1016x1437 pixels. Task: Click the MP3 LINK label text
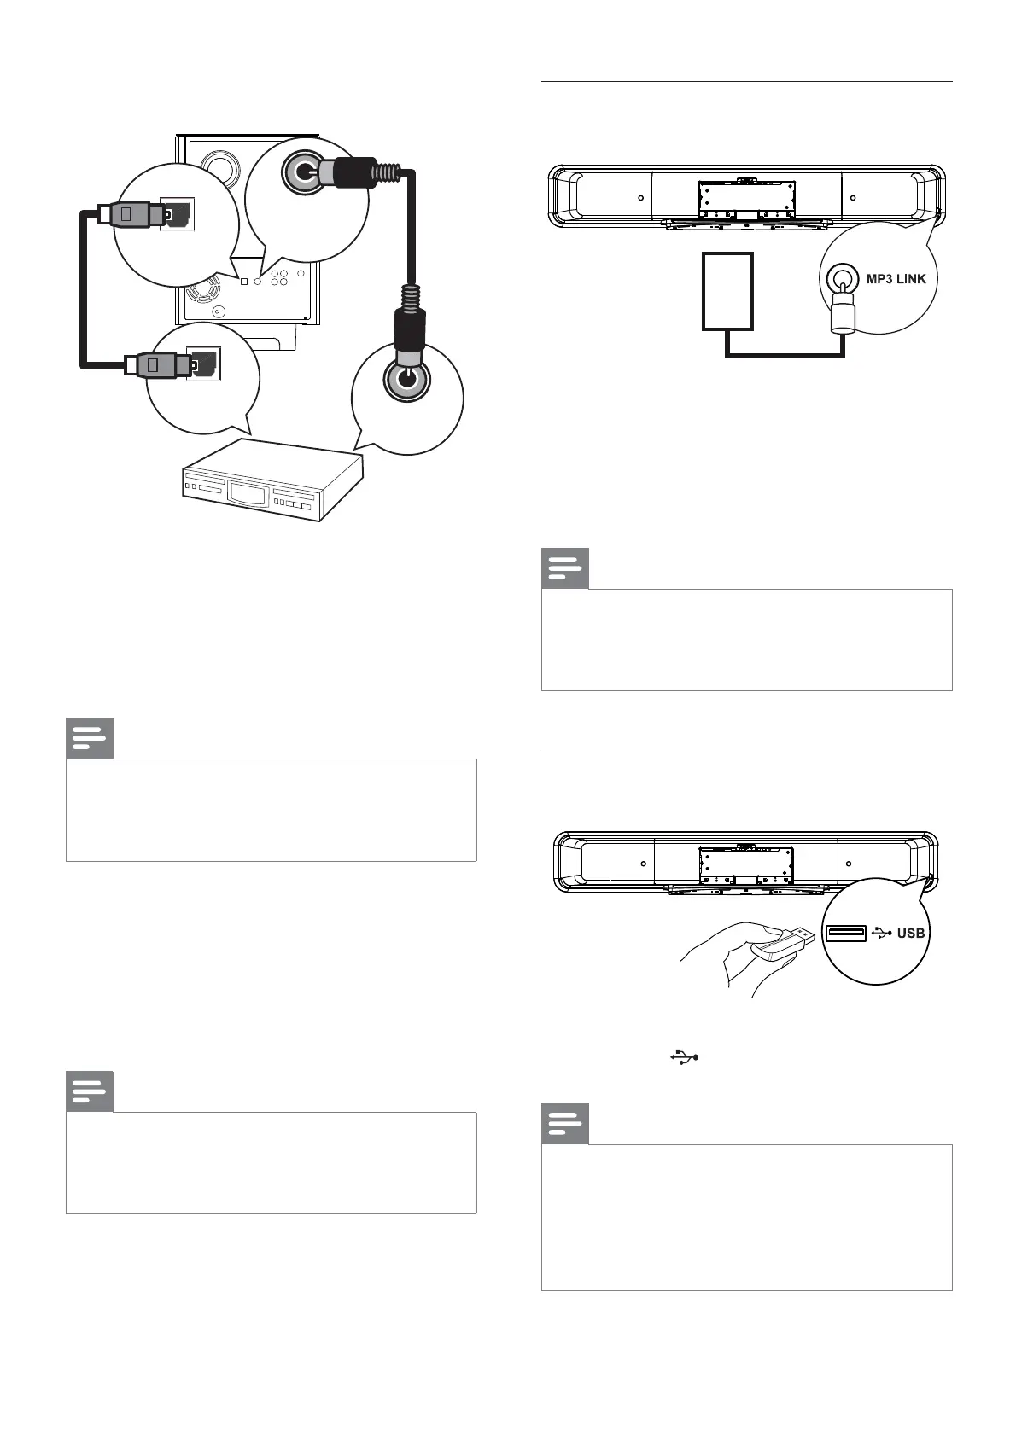896,279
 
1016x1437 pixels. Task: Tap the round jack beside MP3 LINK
841,278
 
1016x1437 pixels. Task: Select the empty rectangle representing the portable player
727,291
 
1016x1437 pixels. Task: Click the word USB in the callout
910,933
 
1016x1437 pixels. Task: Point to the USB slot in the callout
845,934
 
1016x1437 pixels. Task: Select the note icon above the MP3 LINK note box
565,568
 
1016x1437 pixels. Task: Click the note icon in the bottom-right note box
565,1125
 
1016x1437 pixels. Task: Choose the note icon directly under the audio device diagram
90,739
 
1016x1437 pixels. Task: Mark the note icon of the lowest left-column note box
90,1091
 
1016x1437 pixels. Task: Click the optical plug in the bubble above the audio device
154,365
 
